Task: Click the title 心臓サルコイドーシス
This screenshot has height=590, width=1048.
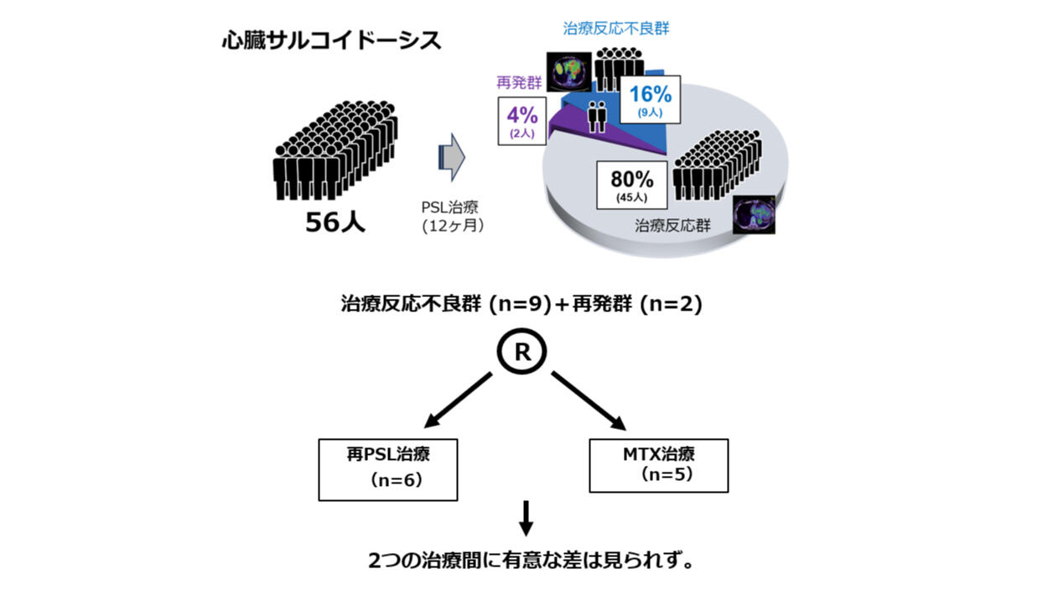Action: click(332, 40)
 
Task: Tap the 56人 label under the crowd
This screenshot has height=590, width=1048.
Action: click(335, 222)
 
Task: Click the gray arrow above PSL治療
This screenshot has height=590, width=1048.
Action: click(452, 157)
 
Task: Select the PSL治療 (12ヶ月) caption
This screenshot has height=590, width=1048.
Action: click(450, 217)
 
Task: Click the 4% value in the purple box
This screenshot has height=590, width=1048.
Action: click(522, 115)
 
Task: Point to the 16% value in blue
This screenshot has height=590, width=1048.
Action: click(651, 94)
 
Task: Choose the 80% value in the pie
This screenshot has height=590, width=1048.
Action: click(631, 180)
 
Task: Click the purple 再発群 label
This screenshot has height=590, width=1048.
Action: click(519, 83)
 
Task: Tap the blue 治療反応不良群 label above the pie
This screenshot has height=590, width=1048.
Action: click(616, 29)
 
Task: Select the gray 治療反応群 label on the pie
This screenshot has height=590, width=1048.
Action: click(672, 226)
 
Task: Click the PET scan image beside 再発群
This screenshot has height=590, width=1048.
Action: click(569, 71)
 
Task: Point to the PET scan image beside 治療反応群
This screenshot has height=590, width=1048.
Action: click(754, 215)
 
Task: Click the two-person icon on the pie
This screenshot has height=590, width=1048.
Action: click(598, 117)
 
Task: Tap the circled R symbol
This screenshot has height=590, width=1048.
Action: click(521, 351)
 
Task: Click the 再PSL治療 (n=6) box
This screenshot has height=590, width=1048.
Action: click(388, 470)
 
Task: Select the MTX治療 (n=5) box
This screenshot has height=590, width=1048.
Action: click(659, 466)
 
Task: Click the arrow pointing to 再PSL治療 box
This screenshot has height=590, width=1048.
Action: click(458, 400)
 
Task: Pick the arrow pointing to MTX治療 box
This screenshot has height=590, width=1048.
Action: click(589, 401)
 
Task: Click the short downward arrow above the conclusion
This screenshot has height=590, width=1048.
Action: click(526, 519)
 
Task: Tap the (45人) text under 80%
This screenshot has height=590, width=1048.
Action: click(631, 197)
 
